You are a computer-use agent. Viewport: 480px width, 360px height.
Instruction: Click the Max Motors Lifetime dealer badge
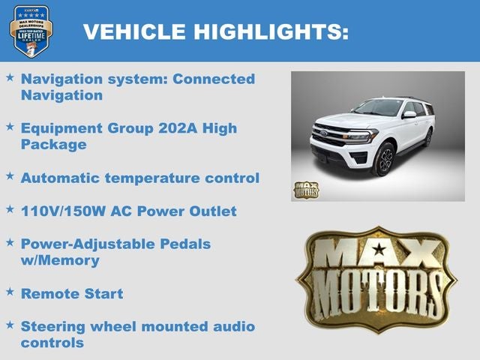click(31, 31)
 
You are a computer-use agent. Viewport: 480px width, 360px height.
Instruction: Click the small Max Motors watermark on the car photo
click(306, 190)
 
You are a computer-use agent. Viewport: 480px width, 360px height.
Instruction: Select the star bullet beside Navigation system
click(10, 78)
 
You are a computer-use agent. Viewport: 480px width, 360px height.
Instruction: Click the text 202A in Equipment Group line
click(178, 128)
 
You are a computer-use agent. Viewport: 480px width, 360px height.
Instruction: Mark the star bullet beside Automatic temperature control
click(10, 177)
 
